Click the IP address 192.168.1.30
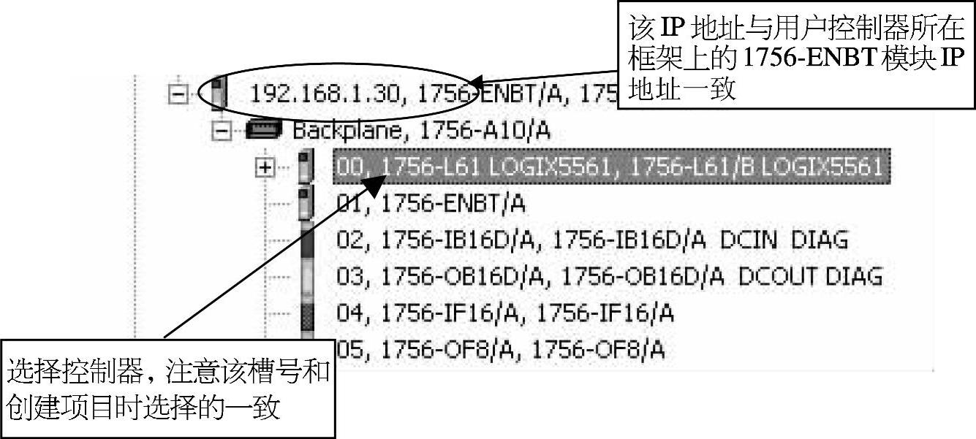322,93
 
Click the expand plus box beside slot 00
266,167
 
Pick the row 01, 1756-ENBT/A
431,204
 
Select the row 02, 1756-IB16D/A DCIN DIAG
592,240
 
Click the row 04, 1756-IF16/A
504,313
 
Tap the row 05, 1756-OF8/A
500,350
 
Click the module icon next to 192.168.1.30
217,93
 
